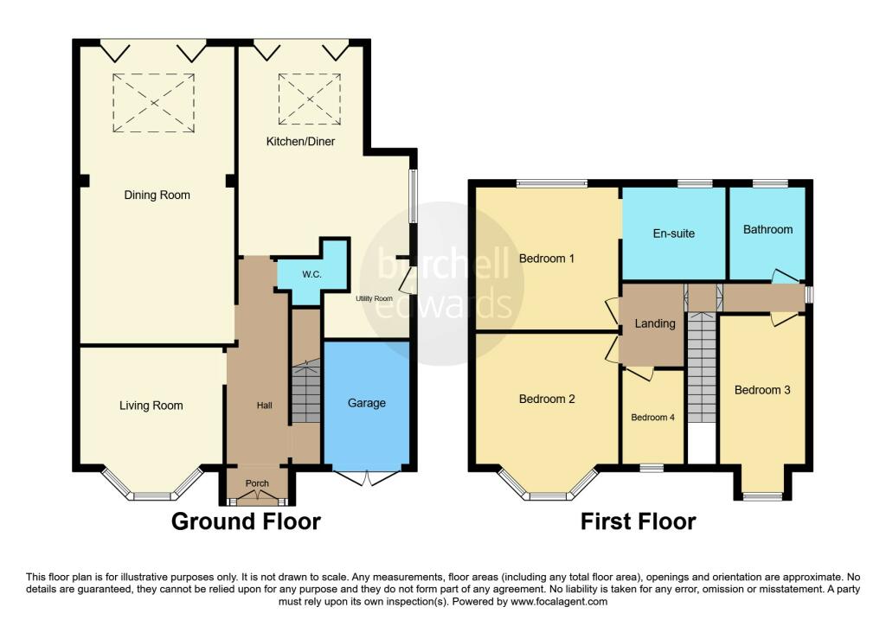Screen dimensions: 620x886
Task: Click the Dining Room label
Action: tap(157, 195)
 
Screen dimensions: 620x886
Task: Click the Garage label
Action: tap(366, 403)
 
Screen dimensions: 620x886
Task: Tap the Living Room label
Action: tap(151, 406)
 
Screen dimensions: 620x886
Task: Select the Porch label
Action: tap(257, 483)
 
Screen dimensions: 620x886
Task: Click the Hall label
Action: tap(264, 406)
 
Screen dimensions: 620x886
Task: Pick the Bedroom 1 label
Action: tap(547, 258)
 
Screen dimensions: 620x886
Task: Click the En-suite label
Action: tap(673, 233)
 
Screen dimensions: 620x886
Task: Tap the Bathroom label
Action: tap(767, 229)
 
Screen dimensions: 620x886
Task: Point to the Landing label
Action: tap(655, 323)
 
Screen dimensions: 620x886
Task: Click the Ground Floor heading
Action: tap(246, 522)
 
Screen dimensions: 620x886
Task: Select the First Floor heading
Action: tap(638, 522)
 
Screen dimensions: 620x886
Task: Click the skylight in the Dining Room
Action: tap(154, 103)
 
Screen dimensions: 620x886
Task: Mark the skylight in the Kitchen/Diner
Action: tap(309, 99)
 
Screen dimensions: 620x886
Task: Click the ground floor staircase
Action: tap(305, 393)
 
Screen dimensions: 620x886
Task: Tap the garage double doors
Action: tap(366, 476)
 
